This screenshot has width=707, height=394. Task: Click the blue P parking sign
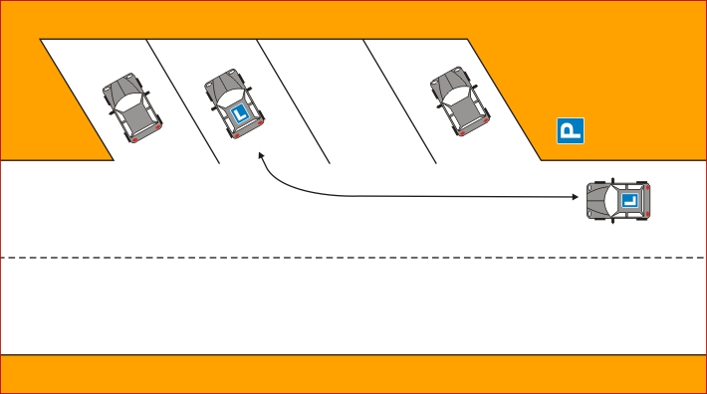click(571, 131)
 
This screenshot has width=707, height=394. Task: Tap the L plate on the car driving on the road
click(629, 200)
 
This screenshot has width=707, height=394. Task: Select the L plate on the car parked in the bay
click(240, 113)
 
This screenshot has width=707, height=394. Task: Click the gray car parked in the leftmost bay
click(132, 107)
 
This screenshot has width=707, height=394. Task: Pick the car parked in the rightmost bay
click(460, 101)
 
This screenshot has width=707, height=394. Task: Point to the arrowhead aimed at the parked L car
click(261, 156)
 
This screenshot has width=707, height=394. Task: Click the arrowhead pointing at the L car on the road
click(575, 197)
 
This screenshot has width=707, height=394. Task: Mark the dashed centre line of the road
click(353, 258)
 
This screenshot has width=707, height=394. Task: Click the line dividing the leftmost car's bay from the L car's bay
click(183, 101)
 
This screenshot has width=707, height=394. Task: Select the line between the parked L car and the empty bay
click(293, 101)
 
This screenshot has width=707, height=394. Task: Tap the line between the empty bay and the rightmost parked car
click(400, 101)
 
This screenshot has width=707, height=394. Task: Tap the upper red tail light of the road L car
click(647, 187)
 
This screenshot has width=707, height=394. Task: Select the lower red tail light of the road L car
click(647, 214)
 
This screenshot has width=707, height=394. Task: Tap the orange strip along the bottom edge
click(353, 374)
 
